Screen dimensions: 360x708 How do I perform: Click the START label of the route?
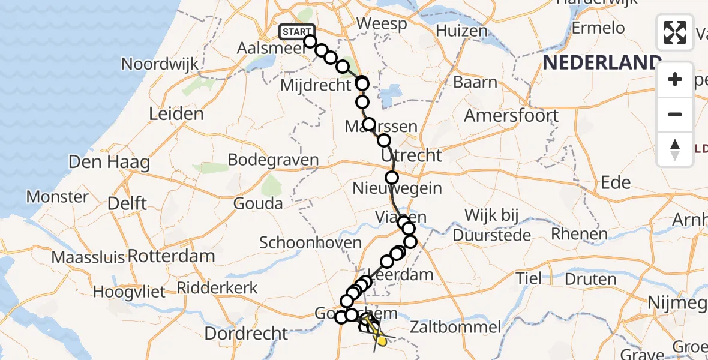[296, 32]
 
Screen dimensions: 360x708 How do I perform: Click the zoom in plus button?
[675, 80]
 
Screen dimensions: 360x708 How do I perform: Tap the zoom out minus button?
[675, 115]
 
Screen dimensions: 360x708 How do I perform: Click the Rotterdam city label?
[171, 256]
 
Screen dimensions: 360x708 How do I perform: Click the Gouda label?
[258, 203]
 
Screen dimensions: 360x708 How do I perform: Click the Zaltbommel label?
[456, 328]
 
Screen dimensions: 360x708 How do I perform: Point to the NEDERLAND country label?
[602, 63]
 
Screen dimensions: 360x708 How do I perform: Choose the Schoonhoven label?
[310, 243]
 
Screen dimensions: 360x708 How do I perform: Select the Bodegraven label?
[273, 160]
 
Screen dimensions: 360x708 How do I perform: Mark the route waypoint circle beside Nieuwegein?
[392, 178]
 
